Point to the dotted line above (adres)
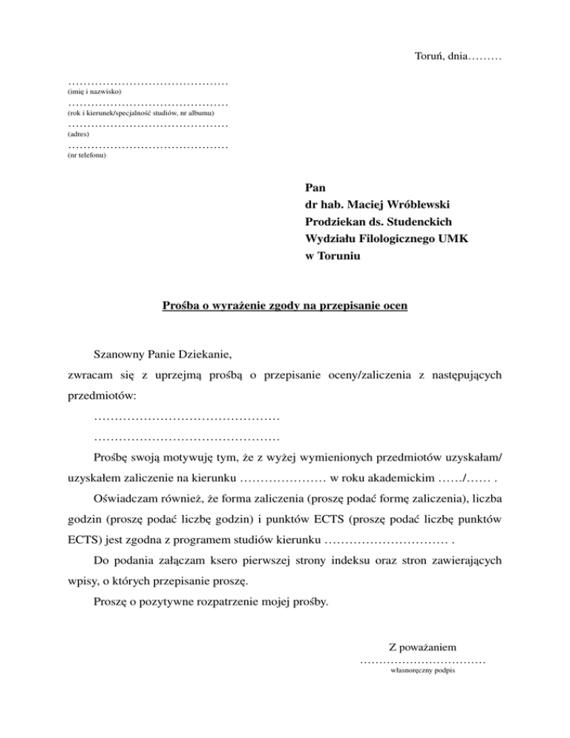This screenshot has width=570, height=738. pyautogui.click(x=147, y=126)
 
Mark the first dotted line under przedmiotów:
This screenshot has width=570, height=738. pyautogui.click(x=187, y=421)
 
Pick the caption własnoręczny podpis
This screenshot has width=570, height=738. pyautogui.click(x=422, y=670)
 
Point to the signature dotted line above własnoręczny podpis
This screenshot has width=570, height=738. pyautogui.click(x=422, y=661)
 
